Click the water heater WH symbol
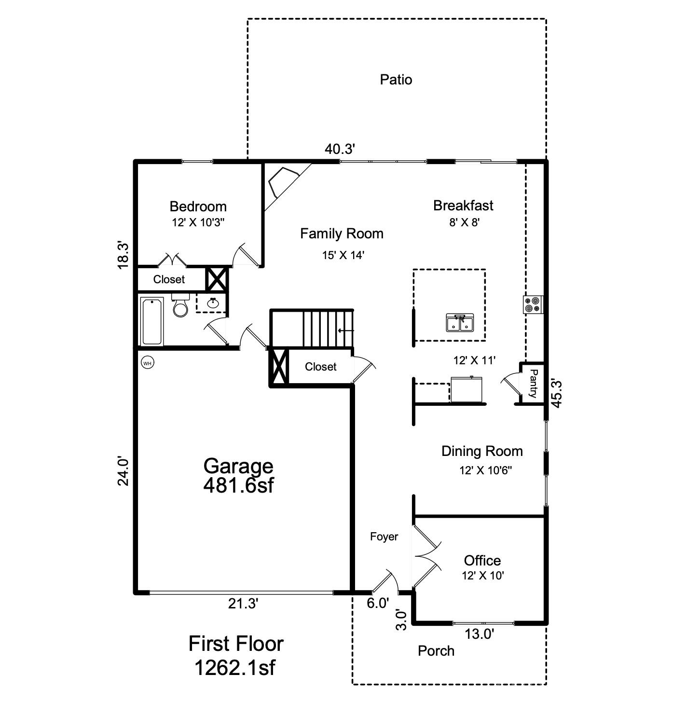148,363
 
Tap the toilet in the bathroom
180,307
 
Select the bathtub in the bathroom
152,321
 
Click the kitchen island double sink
460,322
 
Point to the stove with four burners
533,304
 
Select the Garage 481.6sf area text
238,475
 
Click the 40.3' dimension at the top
340,149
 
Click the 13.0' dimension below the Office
479,634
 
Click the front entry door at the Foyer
384,581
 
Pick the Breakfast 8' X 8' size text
464,222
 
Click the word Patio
396,80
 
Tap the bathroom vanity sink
212,303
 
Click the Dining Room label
482,451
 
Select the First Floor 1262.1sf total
235,656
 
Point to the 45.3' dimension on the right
557,394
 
